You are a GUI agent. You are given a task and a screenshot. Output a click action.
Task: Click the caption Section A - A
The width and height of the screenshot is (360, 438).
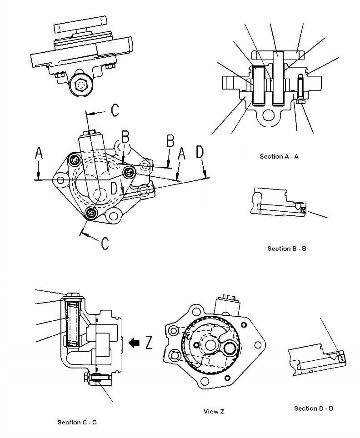(x=279, y=156)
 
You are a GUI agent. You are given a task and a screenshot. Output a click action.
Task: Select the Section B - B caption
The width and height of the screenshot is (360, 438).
(x=286, y=249)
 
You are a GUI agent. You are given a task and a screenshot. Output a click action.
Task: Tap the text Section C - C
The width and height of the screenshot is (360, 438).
(x=77, y=423)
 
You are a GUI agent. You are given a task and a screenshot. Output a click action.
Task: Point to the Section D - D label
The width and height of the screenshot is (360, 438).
(x=314, y=408)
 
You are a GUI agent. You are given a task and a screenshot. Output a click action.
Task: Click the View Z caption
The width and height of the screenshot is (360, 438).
(x=214, y=412)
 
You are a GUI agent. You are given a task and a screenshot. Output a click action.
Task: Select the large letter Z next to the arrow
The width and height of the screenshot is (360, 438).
(x=149, y=343)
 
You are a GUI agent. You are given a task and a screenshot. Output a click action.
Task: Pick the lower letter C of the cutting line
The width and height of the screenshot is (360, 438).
(x=105, y=243)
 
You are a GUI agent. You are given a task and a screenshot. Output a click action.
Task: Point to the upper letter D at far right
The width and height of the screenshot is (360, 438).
(x=200, y=153)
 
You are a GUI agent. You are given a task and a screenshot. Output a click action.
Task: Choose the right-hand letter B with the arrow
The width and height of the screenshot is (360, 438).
(x=170, y=141)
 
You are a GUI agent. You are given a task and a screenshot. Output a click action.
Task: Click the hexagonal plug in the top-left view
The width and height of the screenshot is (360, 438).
(x=81, y=85)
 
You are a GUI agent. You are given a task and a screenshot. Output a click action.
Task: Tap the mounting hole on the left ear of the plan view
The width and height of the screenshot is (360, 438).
(x=60, y=180)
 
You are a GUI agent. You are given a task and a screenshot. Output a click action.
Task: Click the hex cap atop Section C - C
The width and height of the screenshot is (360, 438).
(x=73, y=297)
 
